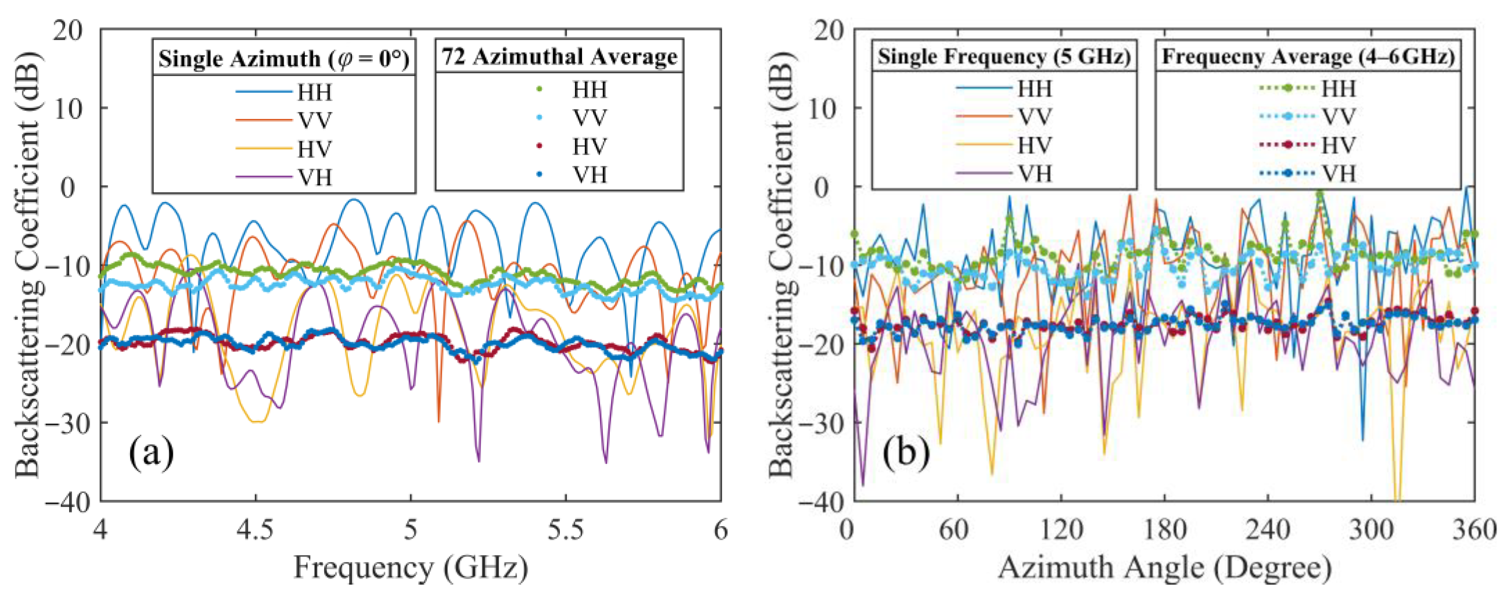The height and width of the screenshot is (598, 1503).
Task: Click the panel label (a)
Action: pyautogui.click(x=151, y=452)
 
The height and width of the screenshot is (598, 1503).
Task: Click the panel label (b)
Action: pyautogui.click(x=905, y=452)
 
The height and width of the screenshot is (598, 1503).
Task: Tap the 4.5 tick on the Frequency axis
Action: pyautogui.click(x=255, y=530)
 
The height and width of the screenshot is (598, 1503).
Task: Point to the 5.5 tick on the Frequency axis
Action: pyautogui.click(x=566, y=530)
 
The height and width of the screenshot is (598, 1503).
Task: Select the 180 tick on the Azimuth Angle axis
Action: pyautogui.click(x=1164, y=530)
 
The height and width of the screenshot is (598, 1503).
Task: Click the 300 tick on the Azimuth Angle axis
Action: pyautogui.click(x=1371, y=530)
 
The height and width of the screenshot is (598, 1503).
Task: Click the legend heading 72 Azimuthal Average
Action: pyautogui.click(x=559, y=57)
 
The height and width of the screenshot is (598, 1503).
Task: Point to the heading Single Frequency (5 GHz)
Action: pyautogui.click(x=1004, y=57)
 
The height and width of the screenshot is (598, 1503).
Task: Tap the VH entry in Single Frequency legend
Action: pyautogui.click(x=1034, y=173)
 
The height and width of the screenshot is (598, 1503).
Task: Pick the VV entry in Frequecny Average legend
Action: pyautogui.click(x=1338, y=117)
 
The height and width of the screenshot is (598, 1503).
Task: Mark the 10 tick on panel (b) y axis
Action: pyautogui.click(x=824, y=108)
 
